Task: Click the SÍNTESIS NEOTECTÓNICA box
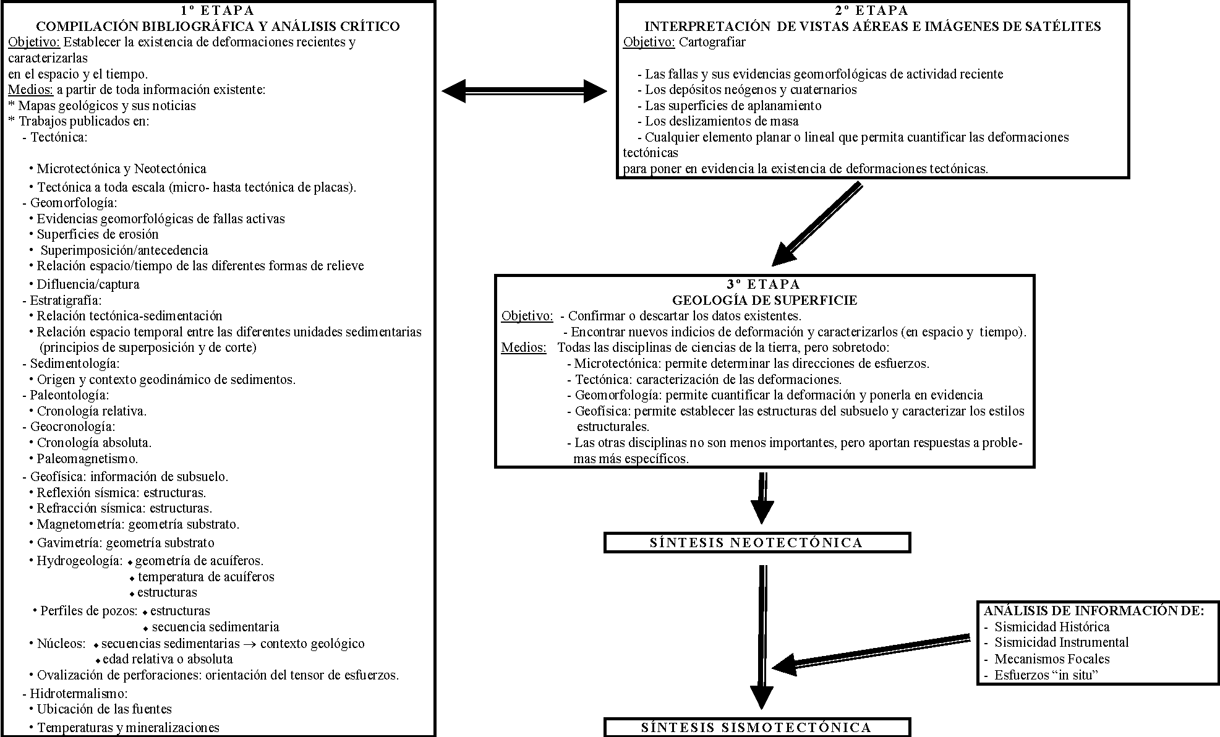coord(756,543)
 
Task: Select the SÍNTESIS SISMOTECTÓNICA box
coord(756,728)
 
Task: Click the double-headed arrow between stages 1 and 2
coord(524,91)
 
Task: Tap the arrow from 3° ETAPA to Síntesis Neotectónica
coord(762,497)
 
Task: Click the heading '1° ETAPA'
coord(218,11)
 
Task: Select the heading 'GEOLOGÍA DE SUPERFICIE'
coord(764,300)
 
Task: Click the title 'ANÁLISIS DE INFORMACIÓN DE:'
coord(1094,611)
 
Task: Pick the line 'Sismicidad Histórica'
coord(1052,627)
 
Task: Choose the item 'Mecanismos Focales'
coord(1052,659)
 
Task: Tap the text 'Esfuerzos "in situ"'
coord(1046,675)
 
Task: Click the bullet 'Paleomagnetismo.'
coord(87,459)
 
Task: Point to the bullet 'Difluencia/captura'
coord(88,284)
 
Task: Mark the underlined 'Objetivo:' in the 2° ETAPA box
coord(649,43)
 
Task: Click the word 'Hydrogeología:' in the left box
coord(80,561)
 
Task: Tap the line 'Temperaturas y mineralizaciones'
coord(128,728)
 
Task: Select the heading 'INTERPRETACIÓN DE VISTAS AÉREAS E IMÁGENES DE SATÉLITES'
coord(872,27)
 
